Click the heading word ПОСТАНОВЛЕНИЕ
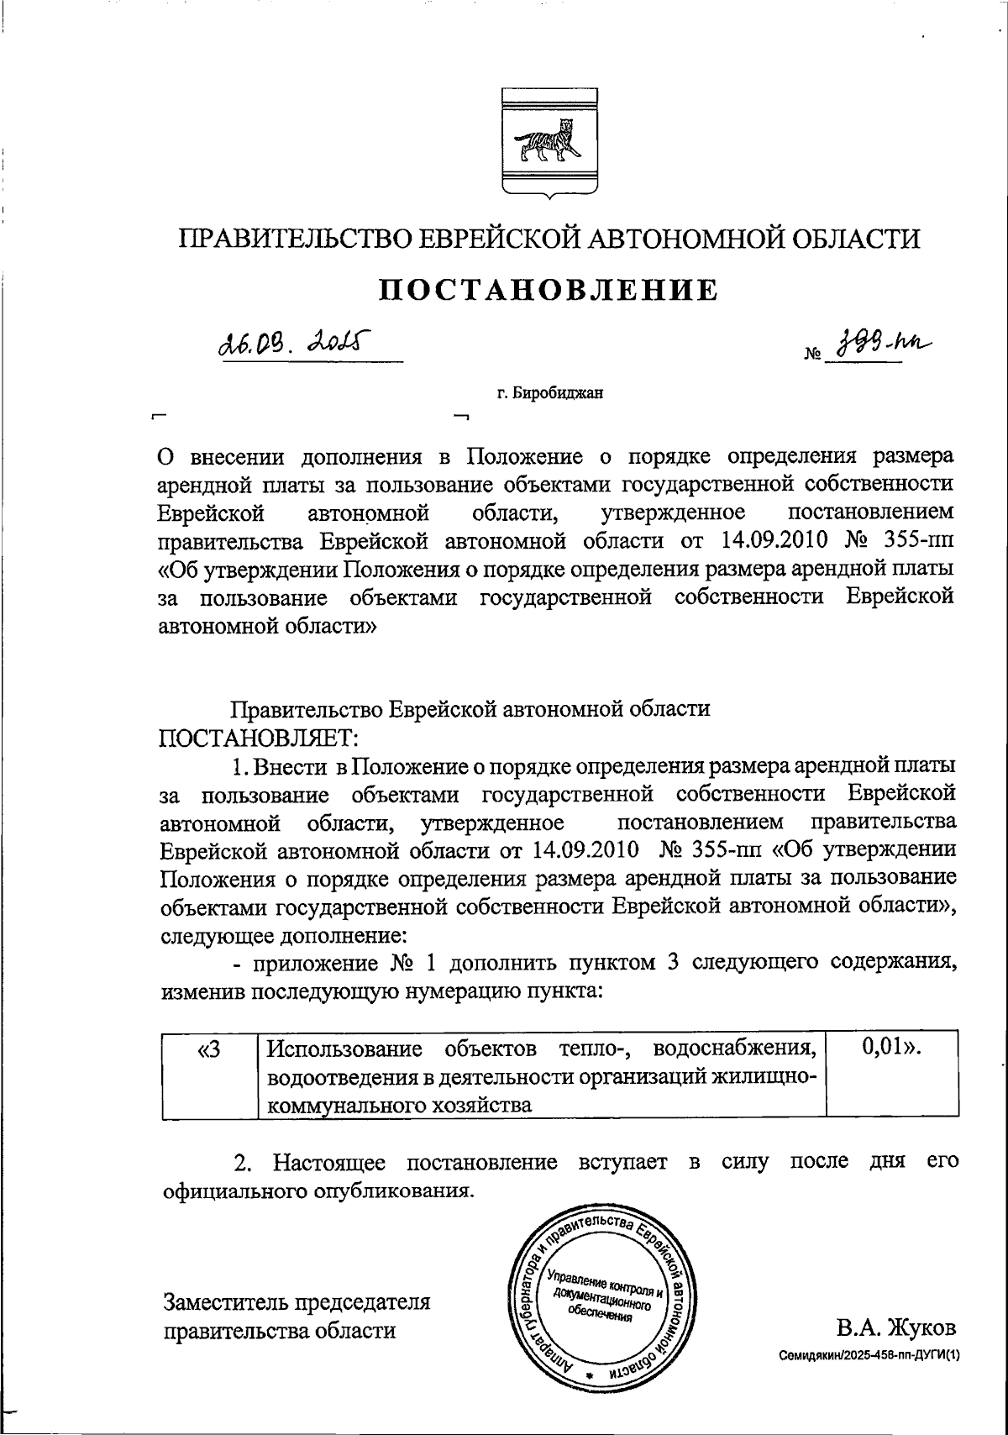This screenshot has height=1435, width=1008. point(549,290)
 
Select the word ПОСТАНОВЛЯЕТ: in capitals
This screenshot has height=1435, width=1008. point(259,738)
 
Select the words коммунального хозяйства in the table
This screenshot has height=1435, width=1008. point(399,1105)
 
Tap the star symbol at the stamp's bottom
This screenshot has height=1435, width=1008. point(588,1375)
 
